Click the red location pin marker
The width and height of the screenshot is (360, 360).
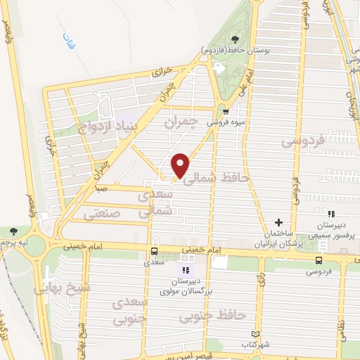181,165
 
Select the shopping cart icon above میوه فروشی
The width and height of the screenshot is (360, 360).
225,111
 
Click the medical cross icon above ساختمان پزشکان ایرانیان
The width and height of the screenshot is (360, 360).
278,222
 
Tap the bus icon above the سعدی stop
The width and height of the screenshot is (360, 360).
153,251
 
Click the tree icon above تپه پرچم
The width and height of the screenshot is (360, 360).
14,231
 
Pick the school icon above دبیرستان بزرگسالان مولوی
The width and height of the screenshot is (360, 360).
186,270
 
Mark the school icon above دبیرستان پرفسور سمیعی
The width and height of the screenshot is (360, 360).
331,214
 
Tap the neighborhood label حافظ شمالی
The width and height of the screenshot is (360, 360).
216,179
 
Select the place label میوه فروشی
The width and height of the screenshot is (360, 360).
225,121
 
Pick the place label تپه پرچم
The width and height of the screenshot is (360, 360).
16,241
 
